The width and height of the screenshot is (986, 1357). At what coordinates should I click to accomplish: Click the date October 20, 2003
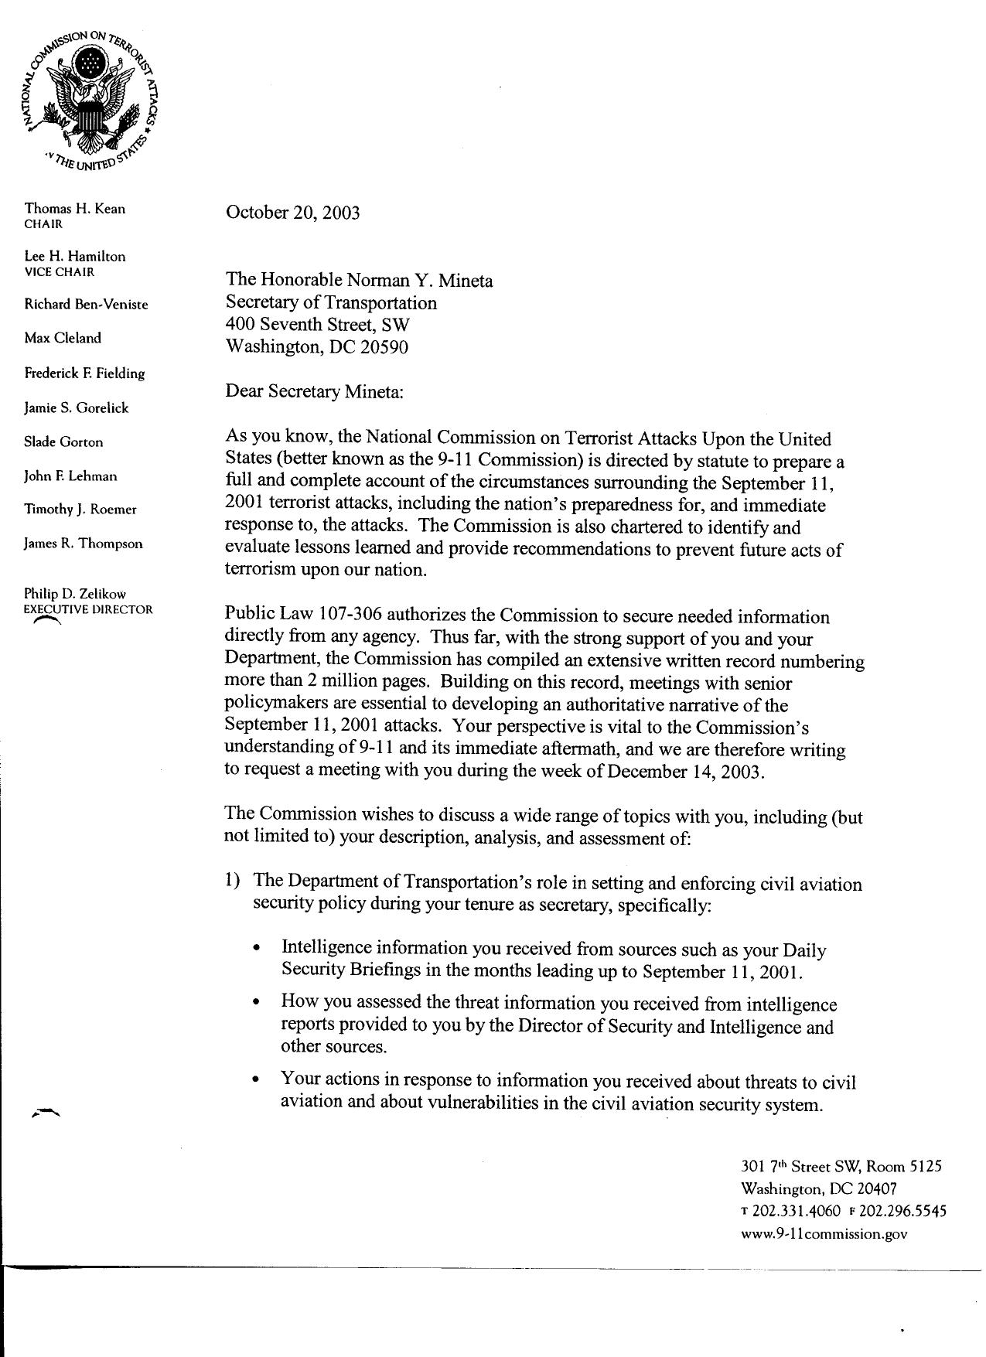coord(292,213)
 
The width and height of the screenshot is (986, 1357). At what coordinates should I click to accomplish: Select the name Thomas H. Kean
coord(74,208)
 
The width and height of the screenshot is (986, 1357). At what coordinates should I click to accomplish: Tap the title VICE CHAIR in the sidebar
coord(60,272)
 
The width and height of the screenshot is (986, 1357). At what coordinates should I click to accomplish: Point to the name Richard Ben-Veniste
coord(86,304)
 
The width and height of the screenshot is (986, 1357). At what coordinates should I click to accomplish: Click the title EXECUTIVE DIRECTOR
coord(88,609)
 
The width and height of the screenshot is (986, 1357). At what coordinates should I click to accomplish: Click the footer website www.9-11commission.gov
coord(824,1234)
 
